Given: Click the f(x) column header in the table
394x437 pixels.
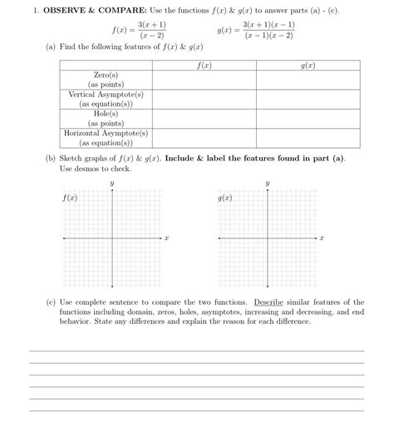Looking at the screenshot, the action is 203,65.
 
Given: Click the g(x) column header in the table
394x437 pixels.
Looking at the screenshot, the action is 308,65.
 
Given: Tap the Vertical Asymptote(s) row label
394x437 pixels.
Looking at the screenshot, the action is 106,95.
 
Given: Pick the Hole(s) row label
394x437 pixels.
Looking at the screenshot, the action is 106,113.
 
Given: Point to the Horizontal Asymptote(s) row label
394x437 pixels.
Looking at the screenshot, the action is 106,133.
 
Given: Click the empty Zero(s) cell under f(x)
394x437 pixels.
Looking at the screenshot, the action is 203,80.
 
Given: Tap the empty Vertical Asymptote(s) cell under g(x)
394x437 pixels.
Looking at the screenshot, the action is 308,100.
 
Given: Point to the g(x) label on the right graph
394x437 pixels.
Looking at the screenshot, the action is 225,199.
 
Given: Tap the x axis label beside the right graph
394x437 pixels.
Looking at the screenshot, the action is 322,238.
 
